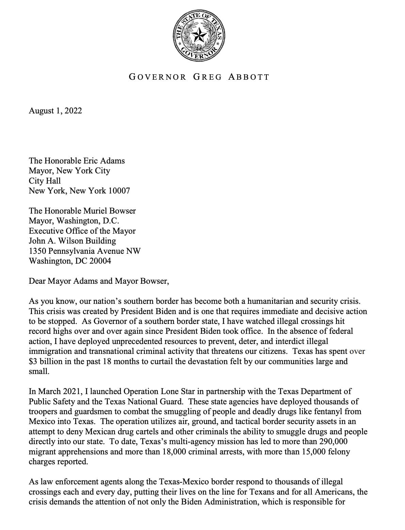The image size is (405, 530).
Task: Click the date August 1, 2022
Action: click(x=55, y=111)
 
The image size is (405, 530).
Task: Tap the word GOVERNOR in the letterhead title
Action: click(x=158, y=77)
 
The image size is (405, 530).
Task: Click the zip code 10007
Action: click(x=119, y=191)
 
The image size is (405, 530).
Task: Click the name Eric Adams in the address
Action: click(x=104, y=161)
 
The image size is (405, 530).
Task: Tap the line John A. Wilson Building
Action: click(x=72, y=241)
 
